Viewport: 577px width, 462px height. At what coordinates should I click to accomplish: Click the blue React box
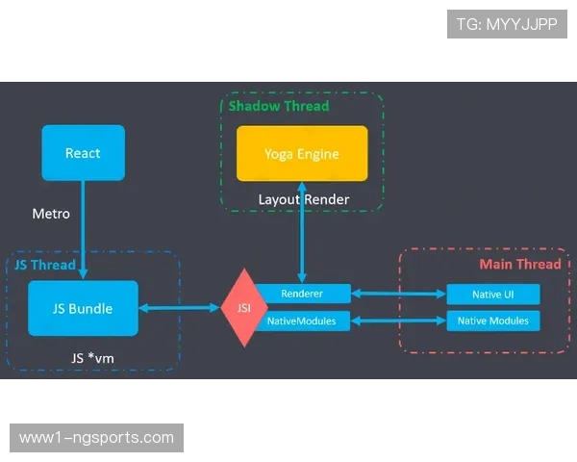point(83,153)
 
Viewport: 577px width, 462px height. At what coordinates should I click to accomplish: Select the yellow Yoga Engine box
point(302,153)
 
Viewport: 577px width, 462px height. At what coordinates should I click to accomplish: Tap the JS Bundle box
point(83,308)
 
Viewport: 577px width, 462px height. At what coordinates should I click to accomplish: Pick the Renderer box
point(301,293)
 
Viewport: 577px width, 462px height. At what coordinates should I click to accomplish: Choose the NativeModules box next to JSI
point(301,321)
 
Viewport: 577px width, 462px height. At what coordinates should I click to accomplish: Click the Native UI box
point(492,294)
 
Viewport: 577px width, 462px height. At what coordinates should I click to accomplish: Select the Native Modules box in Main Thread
point(492,321)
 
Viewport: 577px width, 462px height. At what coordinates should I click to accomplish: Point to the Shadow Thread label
point(278,106)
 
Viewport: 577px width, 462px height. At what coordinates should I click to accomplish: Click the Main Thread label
point(519,264)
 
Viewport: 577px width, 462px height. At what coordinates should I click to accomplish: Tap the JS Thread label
point(44,265)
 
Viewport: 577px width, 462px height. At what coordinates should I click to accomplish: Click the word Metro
point(51,214)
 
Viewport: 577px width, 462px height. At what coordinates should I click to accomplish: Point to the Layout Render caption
point(303,199)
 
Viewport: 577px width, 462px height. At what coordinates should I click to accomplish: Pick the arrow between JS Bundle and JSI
point(180,308)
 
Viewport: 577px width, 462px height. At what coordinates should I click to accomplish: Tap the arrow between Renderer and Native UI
point(398,294)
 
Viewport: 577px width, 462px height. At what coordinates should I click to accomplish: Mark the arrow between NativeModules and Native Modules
point(398,321)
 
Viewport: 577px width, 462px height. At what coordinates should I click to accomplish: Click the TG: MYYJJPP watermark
point(507,24)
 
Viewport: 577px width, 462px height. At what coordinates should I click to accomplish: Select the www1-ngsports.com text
point(96,438)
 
